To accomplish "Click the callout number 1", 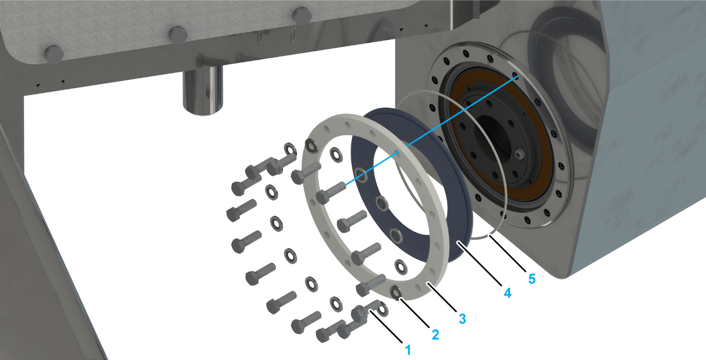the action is coord(408,350).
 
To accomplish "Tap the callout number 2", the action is coord(435,335).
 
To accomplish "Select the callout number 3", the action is coord(462,319).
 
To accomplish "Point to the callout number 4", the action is coord(507,293).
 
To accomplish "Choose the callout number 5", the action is coord(532,279).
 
